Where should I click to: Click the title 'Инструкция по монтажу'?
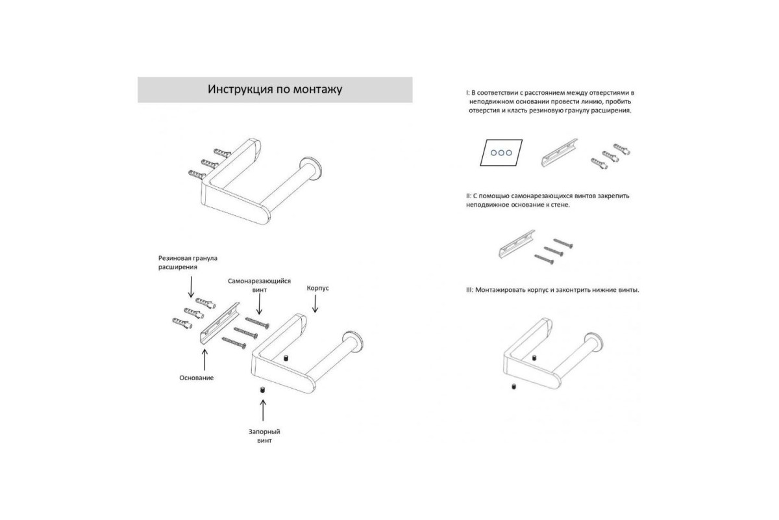pos(275,89)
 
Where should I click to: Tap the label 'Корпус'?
pos(317,289)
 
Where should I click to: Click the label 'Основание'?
pos(197,378)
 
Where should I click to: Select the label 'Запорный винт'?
pos(264,436)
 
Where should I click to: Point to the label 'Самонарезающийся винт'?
pos(260,285)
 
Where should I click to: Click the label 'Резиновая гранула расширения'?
pos(188,263)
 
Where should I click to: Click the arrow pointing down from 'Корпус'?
pos(315,304)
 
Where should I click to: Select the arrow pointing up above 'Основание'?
pos(205,359)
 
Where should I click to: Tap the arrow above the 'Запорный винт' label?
pos(264,410)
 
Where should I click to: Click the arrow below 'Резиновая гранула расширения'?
pos(191,287)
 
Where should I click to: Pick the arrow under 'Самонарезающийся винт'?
pos(259,305)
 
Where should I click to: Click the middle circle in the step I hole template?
pos(501,153)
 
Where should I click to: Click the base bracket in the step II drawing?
pos(517,244)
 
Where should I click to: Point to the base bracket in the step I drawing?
pos(559,153)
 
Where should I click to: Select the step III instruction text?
pos(552,290)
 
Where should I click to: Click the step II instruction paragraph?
pos(548,200)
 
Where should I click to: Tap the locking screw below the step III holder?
pos(513,387)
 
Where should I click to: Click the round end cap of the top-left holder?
pos(310,169)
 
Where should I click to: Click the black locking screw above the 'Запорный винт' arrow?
pos(263,390)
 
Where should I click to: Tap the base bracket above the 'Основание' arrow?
pos(220,323)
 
